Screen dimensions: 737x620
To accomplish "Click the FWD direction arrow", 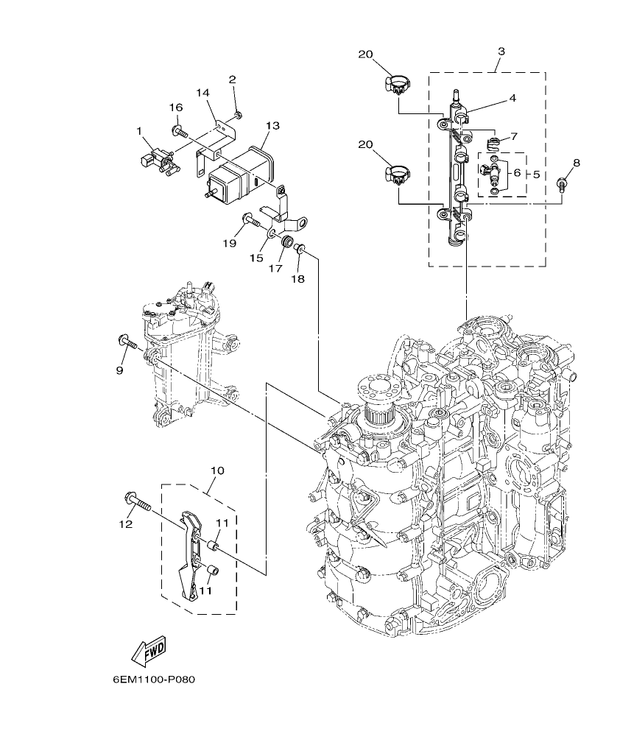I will coord(149,650).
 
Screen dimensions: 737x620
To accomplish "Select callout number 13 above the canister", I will coord(272,126).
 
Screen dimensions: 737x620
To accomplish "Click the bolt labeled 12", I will coord(138,503).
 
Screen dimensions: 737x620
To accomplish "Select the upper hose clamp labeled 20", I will coord(395,85).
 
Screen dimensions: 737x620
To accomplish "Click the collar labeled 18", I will coord(300,251).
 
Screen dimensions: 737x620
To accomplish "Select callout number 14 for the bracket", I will coord(203,93).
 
